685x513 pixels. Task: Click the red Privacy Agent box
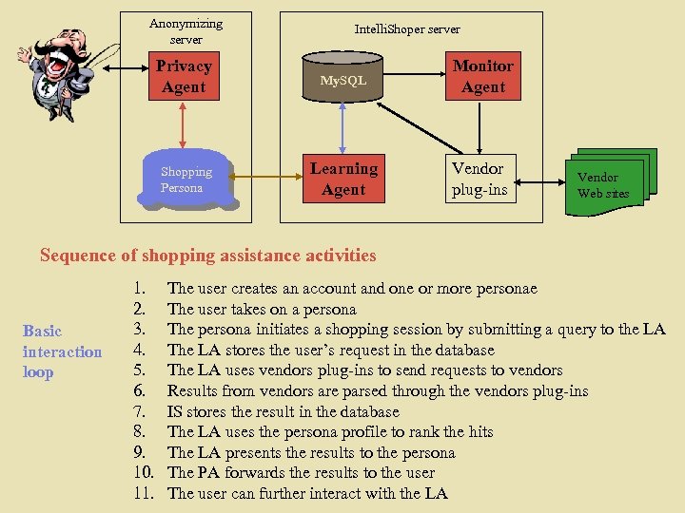tap(184, 77)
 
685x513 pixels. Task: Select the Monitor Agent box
tap(483, 77)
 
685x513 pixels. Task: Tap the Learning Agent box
tap(343, 179)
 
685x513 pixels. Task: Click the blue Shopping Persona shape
tap(186, 179)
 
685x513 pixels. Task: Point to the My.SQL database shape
tap(342, 78)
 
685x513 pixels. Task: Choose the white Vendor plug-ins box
tap(479, 179)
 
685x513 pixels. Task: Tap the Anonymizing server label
tap(186, 31)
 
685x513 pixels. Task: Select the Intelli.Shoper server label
tap(407, 29)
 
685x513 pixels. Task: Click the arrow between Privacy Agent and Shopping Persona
tap(184, 123)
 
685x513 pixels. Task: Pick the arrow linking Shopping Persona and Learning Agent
tap(266, 179)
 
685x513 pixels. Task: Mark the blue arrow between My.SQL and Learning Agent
tap(343, 127)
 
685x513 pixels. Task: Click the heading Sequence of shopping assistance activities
tap(208, 255)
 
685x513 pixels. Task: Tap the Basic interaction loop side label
tap(62, 351)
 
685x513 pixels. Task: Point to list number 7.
tap(139, 411)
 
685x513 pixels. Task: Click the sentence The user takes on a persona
tap(262, 309)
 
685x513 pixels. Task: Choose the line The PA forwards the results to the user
tap(301, 472)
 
